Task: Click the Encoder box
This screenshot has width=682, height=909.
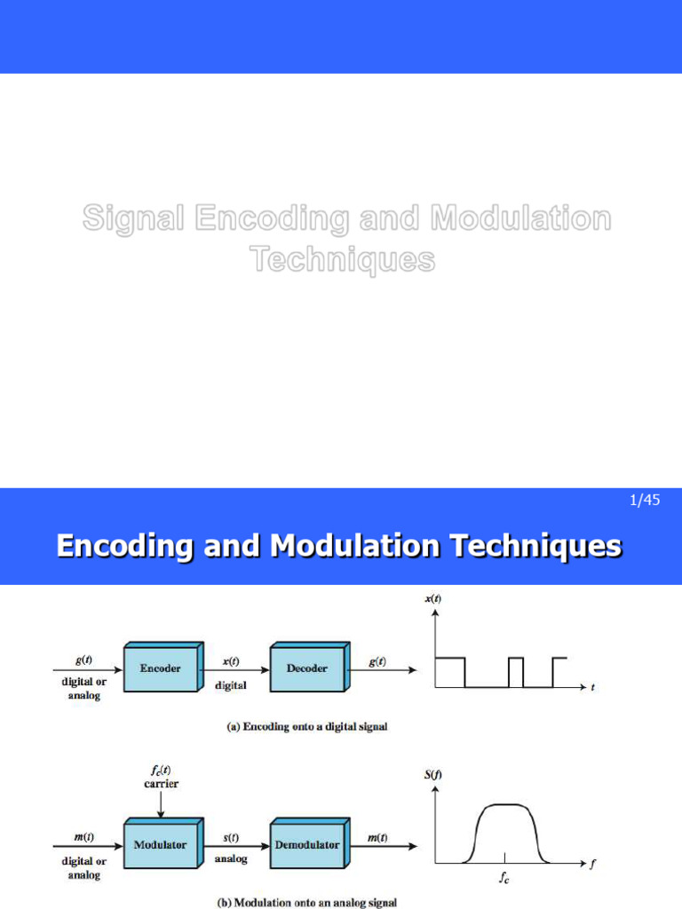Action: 160,668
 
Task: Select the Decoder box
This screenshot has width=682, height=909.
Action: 307,668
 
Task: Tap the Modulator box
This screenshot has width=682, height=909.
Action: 160,844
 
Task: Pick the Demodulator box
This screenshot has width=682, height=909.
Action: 307,844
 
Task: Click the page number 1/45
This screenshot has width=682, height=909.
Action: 645,501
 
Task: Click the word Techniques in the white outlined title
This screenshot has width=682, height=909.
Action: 342,259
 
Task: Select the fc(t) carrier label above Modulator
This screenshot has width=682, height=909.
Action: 161,777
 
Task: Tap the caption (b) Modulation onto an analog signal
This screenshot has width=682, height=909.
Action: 308,902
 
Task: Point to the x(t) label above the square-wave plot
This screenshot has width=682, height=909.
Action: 432,599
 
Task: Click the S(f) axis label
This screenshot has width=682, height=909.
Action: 432,774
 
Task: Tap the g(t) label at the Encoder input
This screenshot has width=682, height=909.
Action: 82,662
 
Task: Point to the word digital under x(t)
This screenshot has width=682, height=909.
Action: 231,684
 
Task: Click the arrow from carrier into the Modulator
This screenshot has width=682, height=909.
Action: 161,804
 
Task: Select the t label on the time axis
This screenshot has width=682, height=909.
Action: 593,687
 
